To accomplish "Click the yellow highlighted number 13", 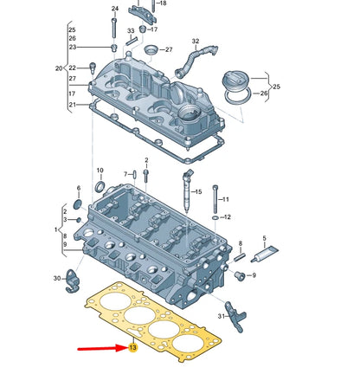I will [132, 349].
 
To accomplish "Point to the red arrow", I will [100, 350].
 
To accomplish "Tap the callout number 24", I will [113, 9].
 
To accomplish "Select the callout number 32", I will [195, 41].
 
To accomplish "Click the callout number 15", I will [197, 191].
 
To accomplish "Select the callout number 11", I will [225, 200].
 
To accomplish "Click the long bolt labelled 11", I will [213, 201].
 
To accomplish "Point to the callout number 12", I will [226, 218].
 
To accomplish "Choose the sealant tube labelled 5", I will [263, 254].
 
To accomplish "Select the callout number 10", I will [100, 171].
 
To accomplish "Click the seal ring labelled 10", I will [99, 187].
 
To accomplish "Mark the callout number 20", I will [59, 68].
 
